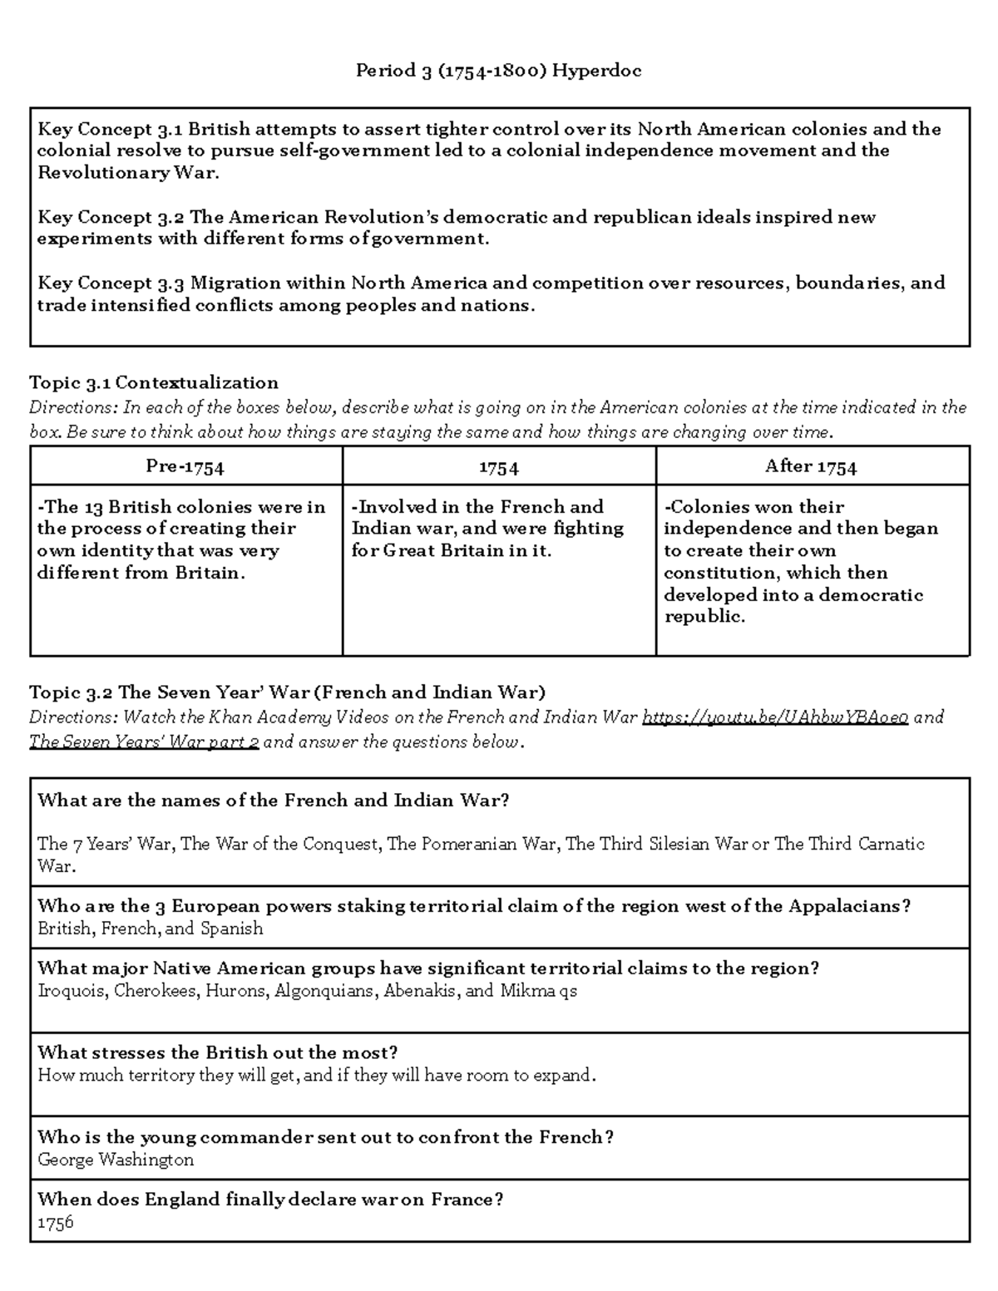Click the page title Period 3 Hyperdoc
498,71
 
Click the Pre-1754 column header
185,466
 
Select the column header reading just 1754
498,467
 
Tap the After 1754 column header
811,466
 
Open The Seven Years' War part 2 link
144,742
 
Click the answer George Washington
116,1160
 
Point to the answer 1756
55,1222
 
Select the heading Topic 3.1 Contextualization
153,382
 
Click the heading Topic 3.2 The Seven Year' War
287,692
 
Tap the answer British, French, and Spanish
150,929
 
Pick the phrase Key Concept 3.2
110,218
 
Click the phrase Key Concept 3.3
110,283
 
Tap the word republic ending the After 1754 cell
704,616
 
